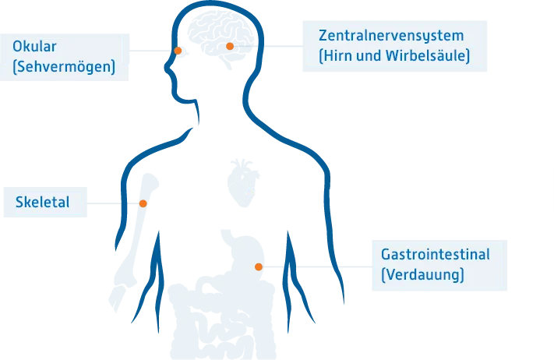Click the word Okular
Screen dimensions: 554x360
click(34, 46)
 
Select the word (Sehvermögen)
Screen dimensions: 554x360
click(64, 66)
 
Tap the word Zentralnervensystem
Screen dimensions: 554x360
click(391, 36)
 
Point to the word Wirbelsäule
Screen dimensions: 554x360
click(428, 56)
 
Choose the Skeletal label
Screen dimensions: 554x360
click(42, 202)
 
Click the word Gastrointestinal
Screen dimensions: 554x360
click(436, 254)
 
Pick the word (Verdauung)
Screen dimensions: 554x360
click(422, 274)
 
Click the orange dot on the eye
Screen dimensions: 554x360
click(178, 51)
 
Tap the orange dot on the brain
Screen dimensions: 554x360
click(230, 46)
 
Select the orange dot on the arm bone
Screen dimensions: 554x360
click(143, 203)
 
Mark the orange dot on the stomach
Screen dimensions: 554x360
click(259, 266)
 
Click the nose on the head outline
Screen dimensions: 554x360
click(168, 68)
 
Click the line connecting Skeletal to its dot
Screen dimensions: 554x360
click(113, 203)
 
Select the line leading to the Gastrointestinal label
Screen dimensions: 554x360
click(317, 266)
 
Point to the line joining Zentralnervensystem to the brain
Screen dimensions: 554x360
click(268, 46)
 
